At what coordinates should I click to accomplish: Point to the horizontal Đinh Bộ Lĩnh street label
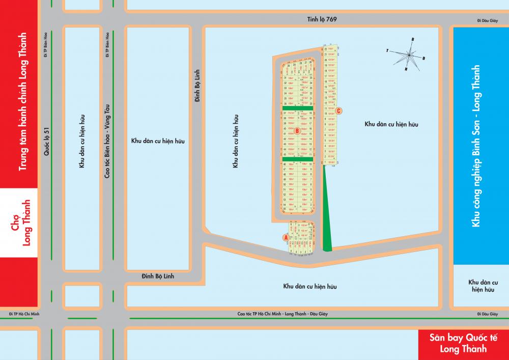point(158,275)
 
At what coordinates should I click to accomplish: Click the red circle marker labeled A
point(286,237)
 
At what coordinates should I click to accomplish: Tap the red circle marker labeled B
point(297,130)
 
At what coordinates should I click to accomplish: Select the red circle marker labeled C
point(339,110)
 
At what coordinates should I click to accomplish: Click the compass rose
point(411,53)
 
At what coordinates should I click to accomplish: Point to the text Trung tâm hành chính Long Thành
point(22,108)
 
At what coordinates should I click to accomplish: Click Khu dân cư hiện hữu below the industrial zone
point(483,285)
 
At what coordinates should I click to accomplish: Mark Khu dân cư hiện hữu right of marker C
point(391,124)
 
